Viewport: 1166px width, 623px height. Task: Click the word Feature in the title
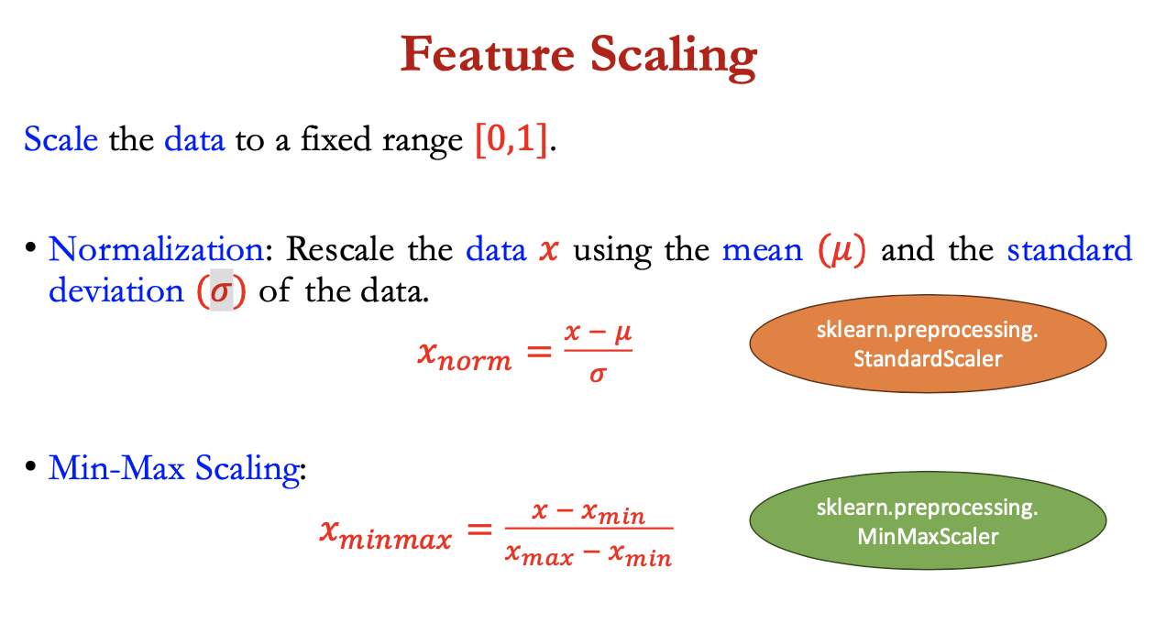tap(488, 54)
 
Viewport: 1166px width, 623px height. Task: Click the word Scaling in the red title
tap(674, 57)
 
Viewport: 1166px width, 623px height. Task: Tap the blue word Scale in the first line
tap(60, 139)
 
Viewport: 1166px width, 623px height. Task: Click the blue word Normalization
tap(156, 249)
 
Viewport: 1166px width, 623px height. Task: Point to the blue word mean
tap(763, 251)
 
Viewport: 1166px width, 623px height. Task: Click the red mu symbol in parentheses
tap(841, 251)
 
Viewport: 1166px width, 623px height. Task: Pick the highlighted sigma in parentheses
tap(221, 291)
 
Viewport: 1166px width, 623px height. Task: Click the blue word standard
tap(1070, 249)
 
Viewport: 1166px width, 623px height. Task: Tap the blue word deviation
tap(116, 290)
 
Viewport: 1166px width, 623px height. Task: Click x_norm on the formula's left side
tap(465, 355)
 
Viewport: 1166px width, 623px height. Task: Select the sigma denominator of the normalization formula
tap(598, 375)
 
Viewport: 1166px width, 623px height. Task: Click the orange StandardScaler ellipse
tap(928, 344)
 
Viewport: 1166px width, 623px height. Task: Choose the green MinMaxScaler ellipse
tap(928, 520)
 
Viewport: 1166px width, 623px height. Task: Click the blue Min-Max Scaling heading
tap(174, 468)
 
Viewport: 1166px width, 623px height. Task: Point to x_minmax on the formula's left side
tap(386, 533)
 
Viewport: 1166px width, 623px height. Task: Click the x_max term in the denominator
tap(539, 553)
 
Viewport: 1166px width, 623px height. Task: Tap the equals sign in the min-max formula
tap(479, 530)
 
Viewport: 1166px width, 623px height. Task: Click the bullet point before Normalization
tap(30, 247)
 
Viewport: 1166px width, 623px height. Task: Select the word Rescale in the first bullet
tap(340, 249)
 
